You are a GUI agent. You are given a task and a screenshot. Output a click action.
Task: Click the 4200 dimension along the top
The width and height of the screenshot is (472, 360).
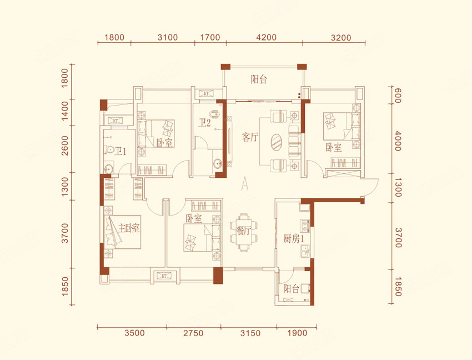(267, 37)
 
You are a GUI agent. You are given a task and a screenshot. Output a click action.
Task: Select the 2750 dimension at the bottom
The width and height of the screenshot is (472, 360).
(193, 333)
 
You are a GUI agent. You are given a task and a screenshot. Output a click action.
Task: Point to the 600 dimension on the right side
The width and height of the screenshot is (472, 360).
(398, 96)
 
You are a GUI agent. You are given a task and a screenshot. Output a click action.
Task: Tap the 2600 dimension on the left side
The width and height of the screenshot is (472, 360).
(65, 146)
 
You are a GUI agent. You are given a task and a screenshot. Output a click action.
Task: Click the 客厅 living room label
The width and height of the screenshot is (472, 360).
(250, 137)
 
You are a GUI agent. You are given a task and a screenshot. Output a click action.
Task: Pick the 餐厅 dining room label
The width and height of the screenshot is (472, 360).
(244, 231)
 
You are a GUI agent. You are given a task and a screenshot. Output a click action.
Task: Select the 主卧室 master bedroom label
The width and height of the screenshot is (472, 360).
(129, 228)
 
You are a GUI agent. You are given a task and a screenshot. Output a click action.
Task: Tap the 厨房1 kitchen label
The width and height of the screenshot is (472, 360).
(294, 239)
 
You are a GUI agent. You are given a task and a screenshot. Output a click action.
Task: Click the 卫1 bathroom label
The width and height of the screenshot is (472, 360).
(120, 151)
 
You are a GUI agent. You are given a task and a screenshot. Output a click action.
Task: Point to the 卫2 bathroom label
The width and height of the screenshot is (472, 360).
(205, 123)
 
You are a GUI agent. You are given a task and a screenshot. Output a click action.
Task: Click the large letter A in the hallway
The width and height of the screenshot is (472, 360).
(245, 184)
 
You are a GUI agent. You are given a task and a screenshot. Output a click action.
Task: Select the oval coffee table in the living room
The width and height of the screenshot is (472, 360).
(277, 142)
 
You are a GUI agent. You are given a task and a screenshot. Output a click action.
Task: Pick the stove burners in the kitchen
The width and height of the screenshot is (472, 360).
(305, 226)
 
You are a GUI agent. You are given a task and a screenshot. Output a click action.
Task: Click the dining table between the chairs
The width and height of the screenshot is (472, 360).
(244, 231)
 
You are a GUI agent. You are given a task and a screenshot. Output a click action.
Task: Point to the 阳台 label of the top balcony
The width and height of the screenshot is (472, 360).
(259, 79)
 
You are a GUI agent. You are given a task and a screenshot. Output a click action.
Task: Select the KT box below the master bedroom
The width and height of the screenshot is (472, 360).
(164, 276)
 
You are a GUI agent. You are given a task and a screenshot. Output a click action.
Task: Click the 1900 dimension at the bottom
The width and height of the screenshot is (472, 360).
(297, 333)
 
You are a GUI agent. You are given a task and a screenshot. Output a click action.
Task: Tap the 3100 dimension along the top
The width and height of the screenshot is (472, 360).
(168, 37)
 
